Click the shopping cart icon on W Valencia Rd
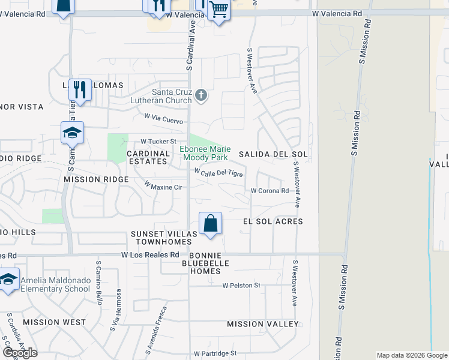click(x=219, y=10)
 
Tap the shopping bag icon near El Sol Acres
click(x=211, y=224)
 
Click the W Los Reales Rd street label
click(x=150, y=255)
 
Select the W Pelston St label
click(x=241, y=286)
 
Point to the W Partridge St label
click(x=215, y=354)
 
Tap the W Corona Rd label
click(x=270, y=191)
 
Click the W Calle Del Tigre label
click(x=218, y=173)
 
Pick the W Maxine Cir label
click(x=163, y=186)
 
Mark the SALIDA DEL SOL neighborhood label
click(x=273, y=154)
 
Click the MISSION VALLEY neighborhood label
click(x=262, y=324)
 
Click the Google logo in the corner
click(x=20, y=353)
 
